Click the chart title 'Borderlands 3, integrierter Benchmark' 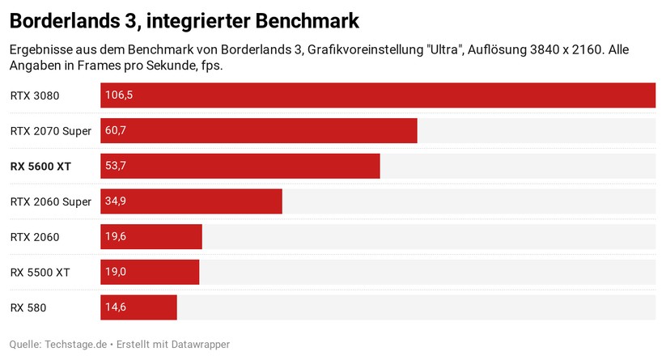pos(185,19)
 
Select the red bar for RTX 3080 pos(378,95)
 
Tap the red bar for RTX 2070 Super pos(259,130)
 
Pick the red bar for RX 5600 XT pos(240,166)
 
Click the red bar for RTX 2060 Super pos(191,201)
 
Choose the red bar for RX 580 pos(138,307)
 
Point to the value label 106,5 pos(119,95)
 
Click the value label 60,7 pos(116,130)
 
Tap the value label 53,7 pos(116,166)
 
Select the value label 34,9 pos(116,201)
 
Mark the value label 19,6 pos(116,237)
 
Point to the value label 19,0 pos(116,272)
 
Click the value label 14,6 pos(116,307)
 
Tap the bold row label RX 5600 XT pos(40,167)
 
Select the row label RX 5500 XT pos(40,273)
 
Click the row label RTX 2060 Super pos(50,201)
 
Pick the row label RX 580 pos(29,308)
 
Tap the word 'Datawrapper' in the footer pos(200,345)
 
